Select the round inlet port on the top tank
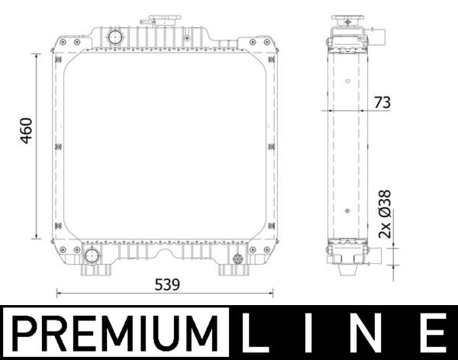point(115,37)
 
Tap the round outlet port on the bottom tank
point(91,256)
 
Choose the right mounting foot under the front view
point(230,270)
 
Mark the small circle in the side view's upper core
point(347,80)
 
